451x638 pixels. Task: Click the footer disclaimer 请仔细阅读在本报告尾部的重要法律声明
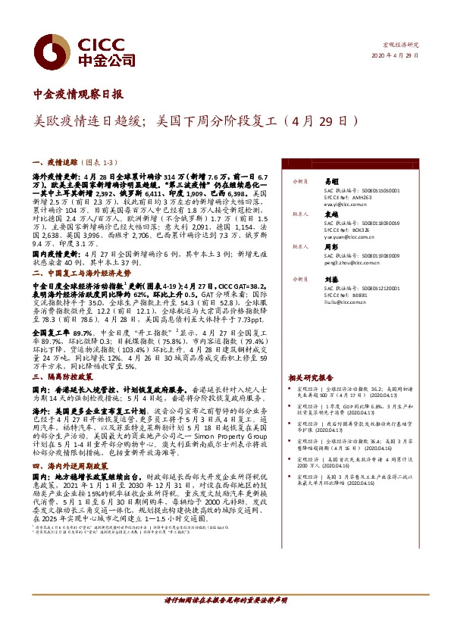225,621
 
